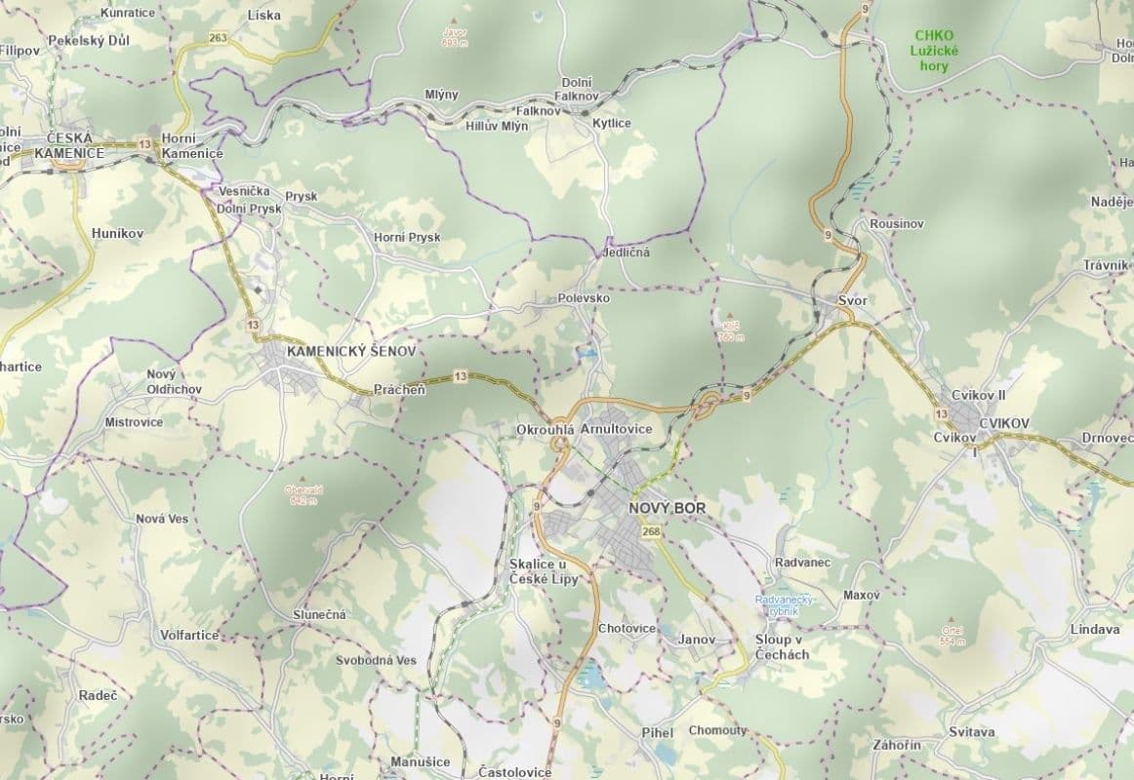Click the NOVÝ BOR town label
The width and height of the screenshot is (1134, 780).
(x=668, y=509)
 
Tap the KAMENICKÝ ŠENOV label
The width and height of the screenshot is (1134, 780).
(x=351, y=350)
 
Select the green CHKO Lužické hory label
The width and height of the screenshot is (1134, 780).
(x=934, y=51)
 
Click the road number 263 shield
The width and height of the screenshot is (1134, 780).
(x=218, y=38)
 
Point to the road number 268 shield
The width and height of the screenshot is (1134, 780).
(x=651, y=531)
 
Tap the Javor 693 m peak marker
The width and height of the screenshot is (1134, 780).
(x=453, y=20)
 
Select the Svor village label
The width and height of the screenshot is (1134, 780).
(x=852, y=301)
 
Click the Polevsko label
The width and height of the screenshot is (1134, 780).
(x=584, y=298)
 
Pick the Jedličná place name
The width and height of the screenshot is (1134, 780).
(x=626, y=252)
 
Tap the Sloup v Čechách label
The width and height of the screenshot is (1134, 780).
(x=782, y=647)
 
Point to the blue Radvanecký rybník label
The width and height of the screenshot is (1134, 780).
(x=785, y=605)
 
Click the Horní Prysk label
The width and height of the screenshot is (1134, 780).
(x=407, y=237)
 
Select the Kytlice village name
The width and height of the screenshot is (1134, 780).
(x=613, y=123)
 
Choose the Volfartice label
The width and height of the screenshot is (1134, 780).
(x=189, y=635)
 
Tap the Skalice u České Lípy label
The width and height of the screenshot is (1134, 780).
(x=544, y=572)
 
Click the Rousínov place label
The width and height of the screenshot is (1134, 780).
(x=897, y=224)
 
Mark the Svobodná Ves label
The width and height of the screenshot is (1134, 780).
(x=376, y=660)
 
